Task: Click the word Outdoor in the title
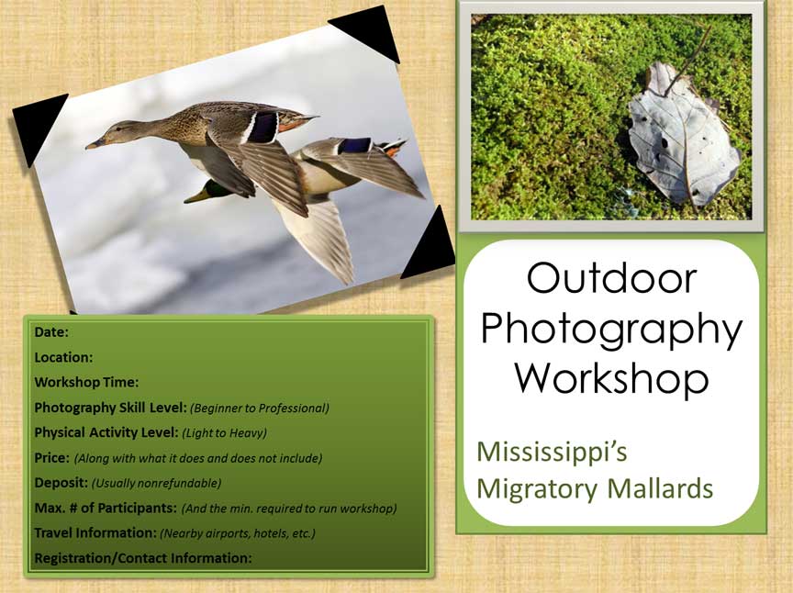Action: click(611, 278)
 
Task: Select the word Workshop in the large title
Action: click(611, 377)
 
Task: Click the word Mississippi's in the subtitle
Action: click(552, 453)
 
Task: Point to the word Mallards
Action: click(660, 488)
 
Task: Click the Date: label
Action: click(51, 332)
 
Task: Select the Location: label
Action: click(63, 357)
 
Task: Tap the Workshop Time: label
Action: click(86, 382)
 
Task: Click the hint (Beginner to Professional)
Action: click(260, 408)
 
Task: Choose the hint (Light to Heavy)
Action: click(224, 432)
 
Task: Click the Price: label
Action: click(51, 457)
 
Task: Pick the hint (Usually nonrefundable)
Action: click(156, 483)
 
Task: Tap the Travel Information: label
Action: click(95, 532)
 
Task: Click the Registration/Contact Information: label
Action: click(142, 558)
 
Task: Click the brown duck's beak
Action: click(94, 144)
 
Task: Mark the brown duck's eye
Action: click(118, 129)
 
